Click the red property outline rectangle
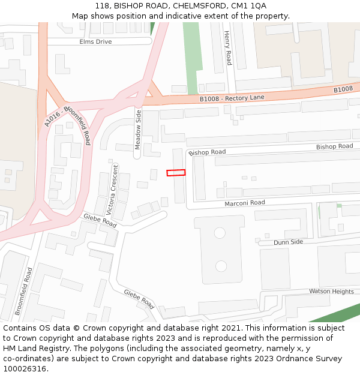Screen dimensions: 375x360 click(x=176, y=173)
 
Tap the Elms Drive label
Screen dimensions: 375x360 click(x=95, y=41)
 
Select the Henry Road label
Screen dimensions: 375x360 click(x=227, y=48)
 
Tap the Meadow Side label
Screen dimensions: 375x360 click(x=138, y=130)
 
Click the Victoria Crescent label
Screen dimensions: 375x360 click(x=112, y=189)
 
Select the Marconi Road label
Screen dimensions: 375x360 click(x=244, y=203)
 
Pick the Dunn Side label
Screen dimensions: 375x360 click(x=288, y=242)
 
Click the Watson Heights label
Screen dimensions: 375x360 click(x=331, y=291)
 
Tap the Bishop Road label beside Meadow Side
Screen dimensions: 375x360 click(x=207, y=152)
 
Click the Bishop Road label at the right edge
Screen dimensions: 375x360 click(x=334, y=146)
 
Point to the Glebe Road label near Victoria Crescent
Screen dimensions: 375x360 click(x=100, y=220)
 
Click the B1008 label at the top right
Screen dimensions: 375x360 click(x=343, y=89)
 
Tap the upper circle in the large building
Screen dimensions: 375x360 click(x=219, y=233)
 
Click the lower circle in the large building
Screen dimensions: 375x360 click(x=221, y=265)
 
